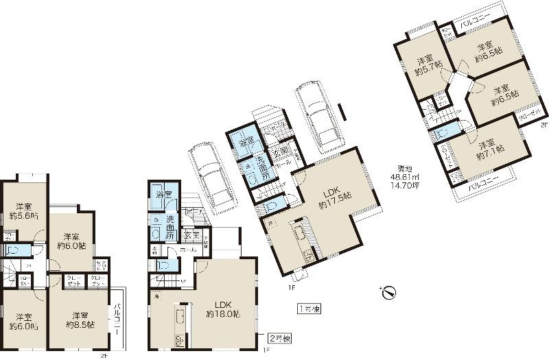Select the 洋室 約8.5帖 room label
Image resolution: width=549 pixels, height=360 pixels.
pyautogui.click(x=80, y=320)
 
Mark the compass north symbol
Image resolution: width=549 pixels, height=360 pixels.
pyautogui.click(x=387, y=291)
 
